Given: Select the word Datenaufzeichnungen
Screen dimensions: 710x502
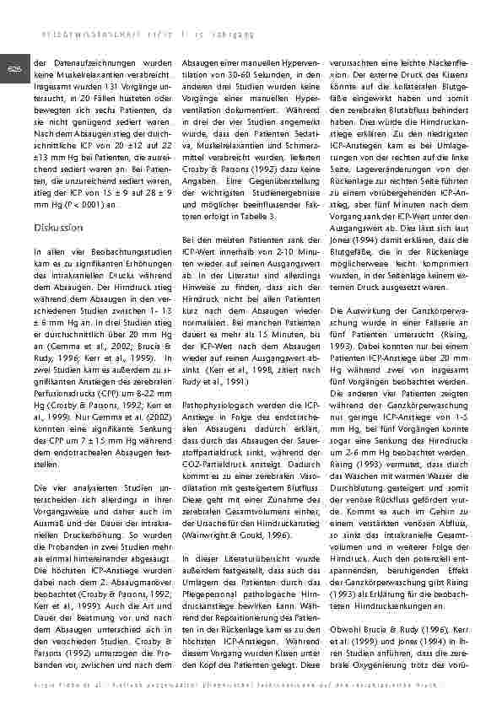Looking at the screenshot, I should (x=83, y=63).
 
